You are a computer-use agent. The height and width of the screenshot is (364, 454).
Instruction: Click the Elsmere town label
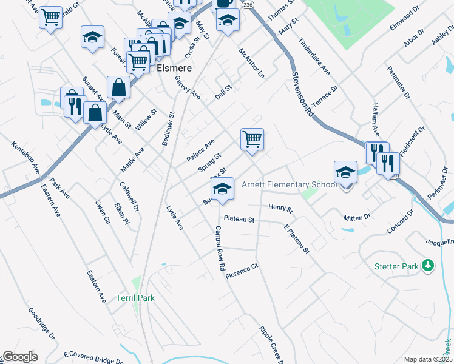[174, 69]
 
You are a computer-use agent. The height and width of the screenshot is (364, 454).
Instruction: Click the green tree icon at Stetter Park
[428, 265]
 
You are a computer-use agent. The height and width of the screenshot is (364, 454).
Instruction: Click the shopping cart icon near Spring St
[252, 138]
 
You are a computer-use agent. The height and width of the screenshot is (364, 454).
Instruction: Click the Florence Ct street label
[242, 271]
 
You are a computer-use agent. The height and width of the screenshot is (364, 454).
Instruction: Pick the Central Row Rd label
[220, 248]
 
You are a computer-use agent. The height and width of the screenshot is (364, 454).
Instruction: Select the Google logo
[20, 357]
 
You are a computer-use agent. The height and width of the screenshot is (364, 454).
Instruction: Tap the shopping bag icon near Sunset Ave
[118, 88]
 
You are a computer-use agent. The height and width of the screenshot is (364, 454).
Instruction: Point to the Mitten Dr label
[356, 217]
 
